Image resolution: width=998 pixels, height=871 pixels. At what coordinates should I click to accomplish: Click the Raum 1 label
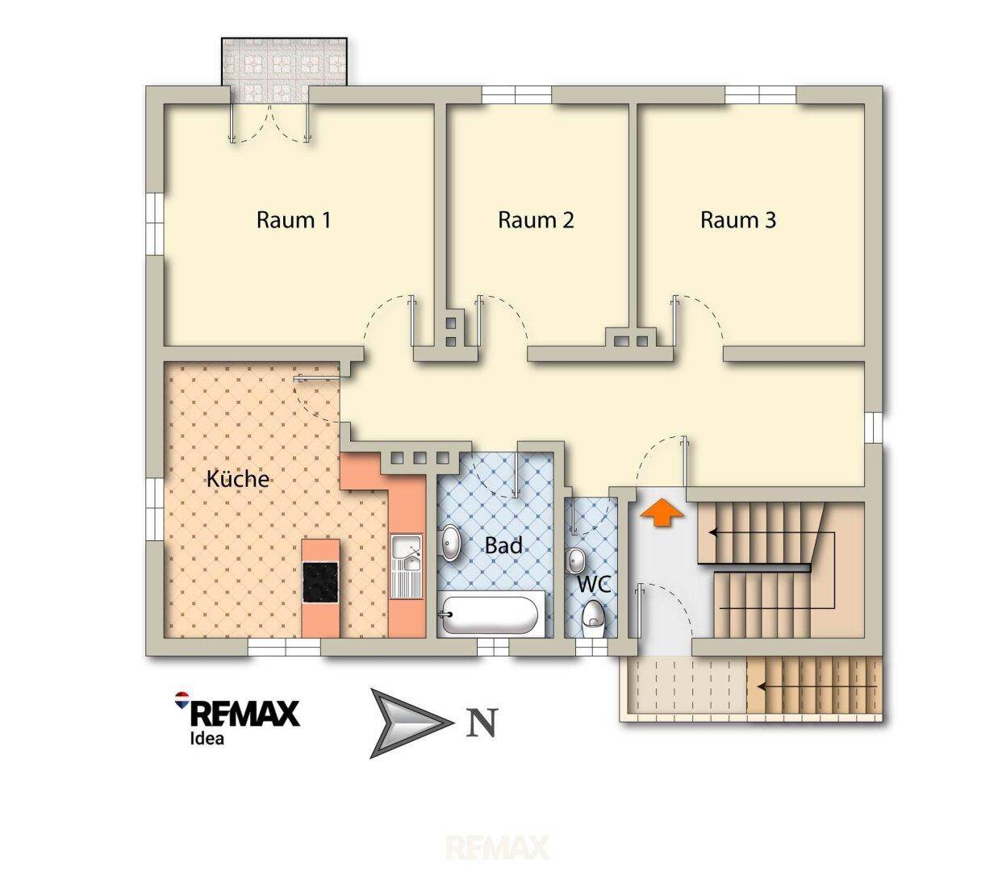click(294, 220)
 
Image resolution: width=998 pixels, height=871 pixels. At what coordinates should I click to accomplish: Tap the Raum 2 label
click(536, 220)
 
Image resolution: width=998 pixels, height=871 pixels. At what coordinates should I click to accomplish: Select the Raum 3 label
click(738, 220)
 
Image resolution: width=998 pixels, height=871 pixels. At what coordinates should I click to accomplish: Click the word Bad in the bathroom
click(503, 545)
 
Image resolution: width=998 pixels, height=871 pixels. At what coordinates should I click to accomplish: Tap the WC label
click(594, 585)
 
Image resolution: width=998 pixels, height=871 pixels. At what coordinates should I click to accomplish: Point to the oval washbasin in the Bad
click(450, 543)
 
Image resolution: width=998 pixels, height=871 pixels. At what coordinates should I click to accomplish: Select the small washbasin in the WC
click(574, 561)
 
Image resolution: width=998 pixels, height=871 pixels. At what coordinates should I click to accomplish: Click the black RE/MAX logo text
click(245, 714)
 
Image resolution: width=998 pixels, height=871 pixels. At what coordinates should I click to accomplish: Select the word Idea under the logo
click(207, 738)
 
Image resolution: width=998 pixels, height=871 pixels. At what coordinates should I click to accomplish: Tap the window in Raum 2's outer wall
click(517, 94)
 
